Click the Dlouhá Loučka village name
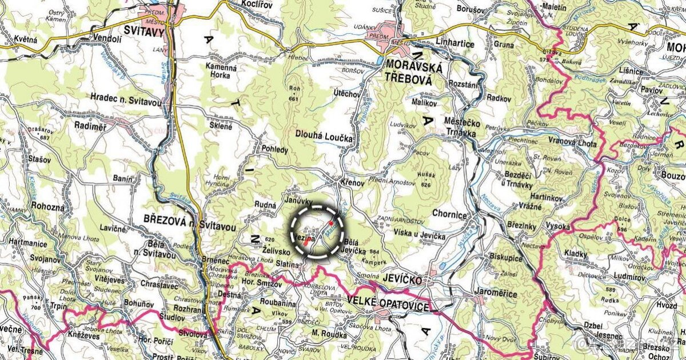[324, 138]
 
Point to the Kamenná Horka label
[221, 71]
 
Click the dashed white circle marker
[318, 231]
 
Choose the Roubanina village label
[278, 304]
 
